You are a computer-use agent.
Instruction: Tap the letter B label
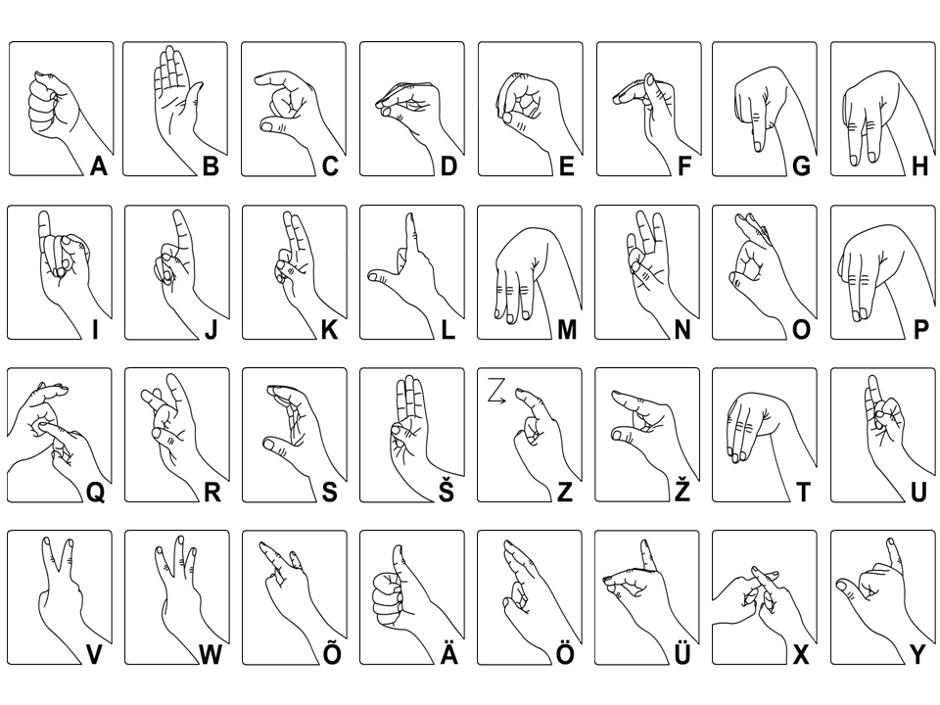coord(211,165)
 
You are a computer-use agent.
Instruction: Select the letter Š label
coord(446,489)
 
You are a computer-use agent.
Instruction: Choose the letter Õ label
coord(332,652)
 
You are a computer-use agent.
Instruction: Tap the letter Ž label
coord(682,489)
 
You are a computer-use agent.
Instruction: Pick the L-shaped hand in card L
coord(413,276)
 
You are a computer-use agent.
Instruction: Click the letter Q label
coord(96,493)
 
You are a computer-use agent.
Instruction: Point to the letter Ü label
coord(682,652)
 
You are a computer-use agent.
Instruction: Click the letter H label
coord(919,165)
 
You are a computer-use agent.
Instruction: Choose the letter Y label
coord(917,655)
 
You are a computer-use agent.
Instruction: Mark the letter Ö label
coord(565,652)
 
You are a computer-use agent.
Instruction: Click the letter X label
coord(801,655)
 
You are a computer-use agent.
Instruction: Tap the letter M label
coord(567,329)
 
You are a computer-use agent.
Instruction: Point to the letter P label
coord(920,329)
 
